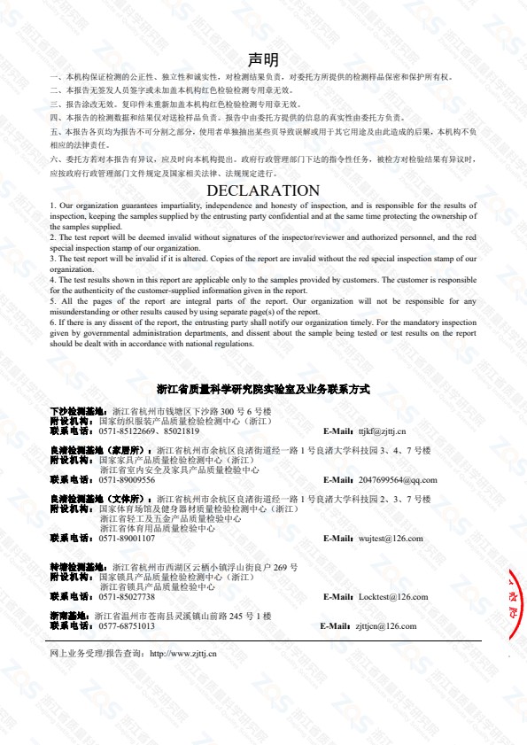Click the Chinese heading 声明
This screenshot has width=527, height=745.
[x=263, y=59]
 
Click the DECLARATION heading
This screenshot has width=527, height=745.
[x=263, y=190]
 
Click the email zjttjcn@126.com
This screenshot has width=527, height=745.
[x=385, y=625]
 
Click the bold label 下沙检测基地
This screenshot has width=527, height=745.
[x=79, y=413]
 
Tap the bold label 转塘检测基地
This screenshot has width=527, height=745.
[x=79, y=567]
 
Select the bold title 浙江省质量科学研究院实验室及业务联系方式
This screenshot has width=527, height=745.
[x=263, y=389]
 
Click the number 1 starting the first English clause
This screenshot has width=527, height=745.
[x=52, y=206]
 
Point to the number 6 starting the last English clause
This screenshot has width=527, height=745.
[x=52, y=324]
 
